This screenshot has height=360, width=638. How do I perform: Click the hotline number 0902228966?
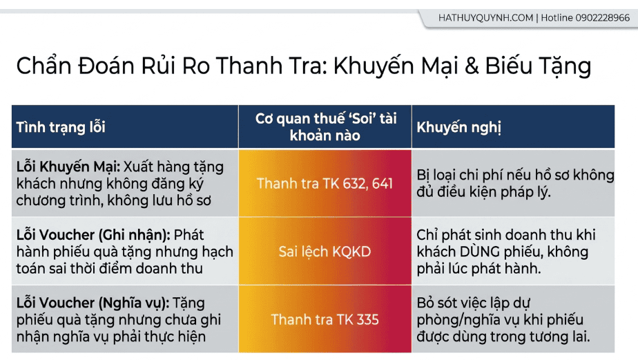(x=602, y=18)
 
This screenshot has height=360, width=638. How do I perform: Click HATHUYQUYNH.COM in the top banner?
(x=485, y=18)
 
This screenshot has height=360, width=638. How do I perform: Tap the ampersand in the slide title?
(x=472, y=66)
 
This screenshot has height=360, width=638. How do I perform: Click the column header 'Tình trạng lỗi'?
(x=61, y=127)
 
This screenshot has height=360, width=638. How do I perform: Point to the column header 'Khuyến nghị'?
(x=458, y=127)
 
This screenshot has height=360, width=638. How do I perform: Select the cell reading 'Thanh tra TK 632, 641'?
(x=325, y=184)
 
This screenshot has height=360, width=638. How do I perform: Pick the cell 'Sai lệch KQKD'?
(x=325, y=252)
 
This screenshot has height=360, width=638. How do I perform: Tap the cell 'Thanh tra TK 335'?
(x=325, y=320)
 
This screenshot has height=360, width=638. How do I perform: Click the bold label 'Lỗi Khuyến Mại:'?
(x=68, y=167)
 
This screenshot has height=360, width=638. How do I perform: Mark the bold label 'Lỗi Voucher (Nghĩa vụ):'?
(x=93, y=303)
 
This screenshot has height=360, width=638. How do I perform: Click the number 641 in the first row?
(x=382, y=184)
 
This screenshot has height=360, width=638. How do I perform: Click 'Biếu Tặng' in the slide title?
(x=537, y=66)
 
